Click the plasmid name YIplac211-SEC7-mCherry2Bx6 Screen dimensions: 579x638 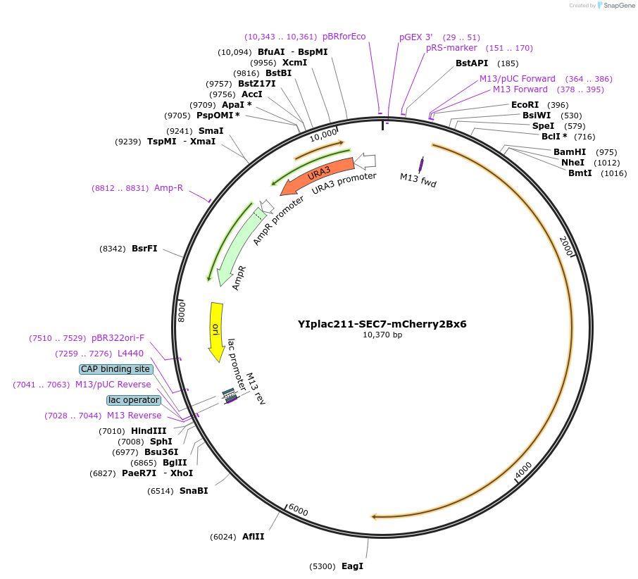click(x=382, y=325)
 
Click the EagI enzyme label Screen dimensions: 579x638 click(x=352, y=566)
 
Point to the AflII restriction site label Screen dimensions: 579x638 click(x=254, y=537)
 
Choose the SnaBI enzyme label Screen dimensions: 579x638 click(x=194, y=491)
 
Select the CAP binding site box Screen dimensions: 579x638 click(x=115, y=369)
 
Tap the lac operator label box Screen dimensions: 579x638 click(x=134, y=400)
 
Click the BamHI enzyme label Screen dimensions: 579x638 click(x=569, y=152)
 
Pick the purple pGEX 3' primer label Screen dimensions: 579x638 click(x=415, y=37)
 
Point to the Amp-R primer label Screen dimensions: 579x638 click(x=168, y=188)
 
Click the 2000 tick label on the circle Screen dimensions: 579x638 click(x=566, y=246)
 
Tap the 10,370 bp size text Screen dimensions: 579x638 click(x=382, y=335)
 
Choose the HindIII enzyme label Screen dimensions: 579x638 click(x=149, y=431)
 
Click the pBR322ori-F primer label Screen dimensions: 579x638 click(x=118, y=338)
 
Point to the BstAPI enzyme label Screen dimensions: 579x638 click(x=472, y=63)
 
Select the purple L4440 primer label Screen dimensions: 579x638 click(x=130, y=353)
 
